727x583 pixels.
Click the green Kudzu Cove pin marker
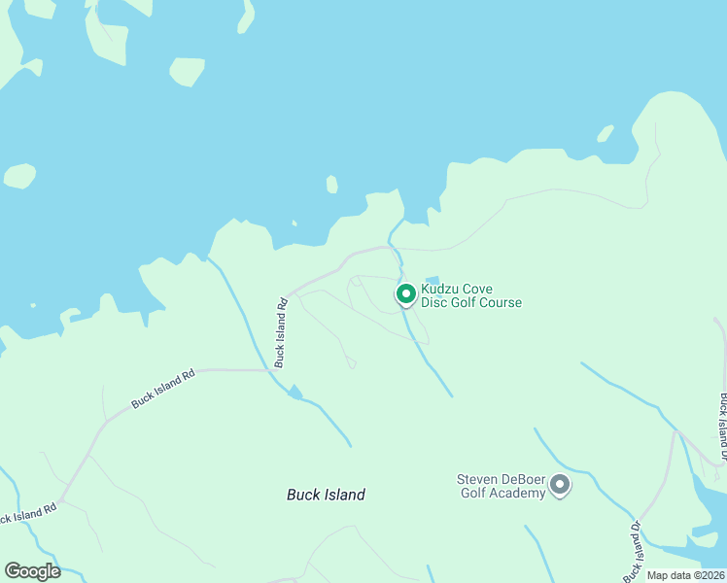406,292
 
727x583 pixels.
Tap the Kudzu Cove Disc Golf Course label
471,295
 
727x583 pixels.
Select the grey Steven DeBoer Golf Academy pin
559,484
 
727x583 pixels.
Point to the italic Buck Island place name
326,495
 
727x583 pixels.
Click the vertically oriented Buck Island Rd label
281,331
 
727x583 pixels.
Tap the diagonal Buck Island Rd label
163,388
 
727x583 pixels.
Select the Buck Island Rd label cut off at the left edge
27,512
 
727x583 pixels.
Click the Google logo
32,571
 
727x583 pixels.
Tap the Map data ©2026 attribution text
686,575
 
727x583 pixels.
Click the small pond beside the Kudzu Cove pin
432,279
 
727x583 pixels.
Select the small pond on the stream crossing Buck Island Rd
295,393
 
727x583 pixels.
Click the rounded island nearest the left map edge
19,176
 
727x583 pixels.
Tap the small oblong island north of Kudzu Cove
331,184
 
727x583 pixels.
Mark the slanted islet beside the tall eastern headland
605,133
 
